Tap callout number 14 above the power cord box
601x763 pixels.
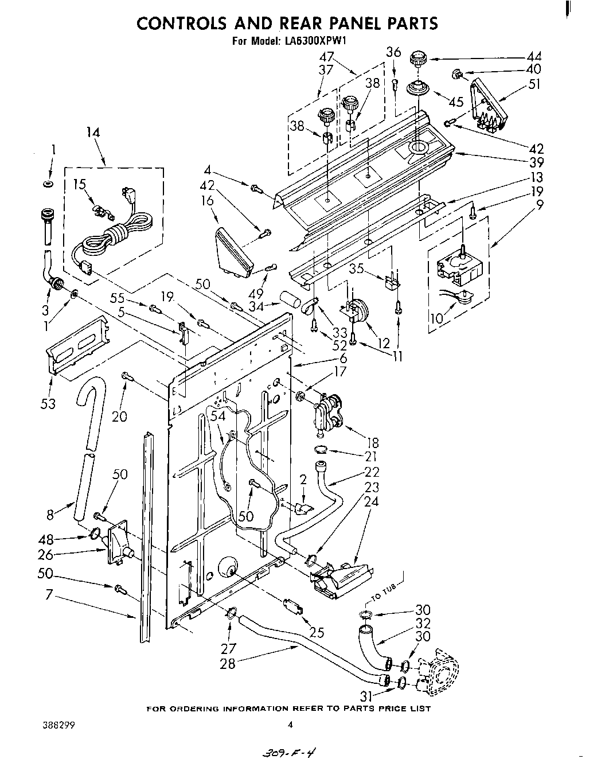coord(92,133)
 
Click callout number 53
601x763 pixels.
coord(48,404)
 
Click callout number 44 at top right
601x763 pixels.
coord(533,56)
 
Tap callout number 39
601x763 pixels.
coord(537,162)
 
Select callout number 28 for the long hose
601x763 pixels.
coord(228,664)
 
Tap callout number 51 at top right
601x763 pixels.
coord(533,84)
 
